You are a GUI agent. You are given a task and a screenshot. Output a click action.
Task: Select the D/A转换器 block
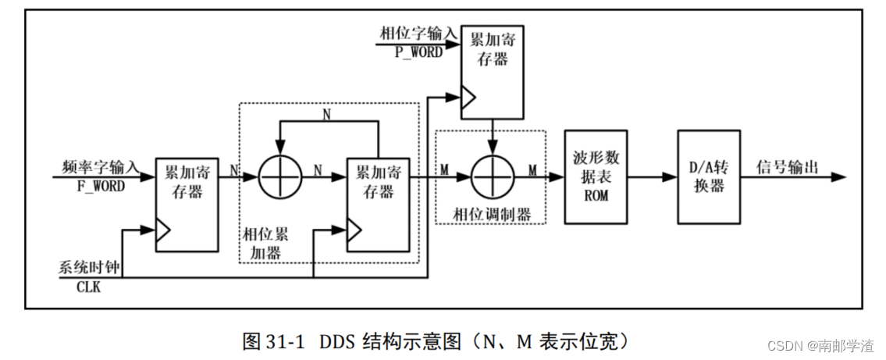tap(707, 176)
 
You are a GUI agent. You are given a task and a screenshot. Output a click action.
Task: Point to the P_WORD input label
tap(418, 52)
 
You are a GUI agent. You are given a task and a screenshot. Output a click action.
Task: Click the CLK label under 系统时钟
tap(87, 287)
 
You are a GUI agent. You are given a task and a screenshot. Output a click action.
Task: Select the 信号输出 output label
tap(787, 166)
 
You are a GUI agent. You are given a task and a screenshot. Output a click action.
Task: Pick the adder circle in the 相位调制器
tap(493, 178)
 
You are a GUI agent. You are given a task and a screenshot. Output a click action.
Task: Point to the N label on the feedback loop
tap(327, 114)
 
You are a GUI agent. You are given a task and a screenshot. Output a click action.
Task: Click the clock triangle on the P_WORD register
tap(467, 98)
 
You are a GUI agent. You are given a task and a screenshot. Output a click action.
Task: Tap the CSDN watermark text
tap(819, 345)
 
